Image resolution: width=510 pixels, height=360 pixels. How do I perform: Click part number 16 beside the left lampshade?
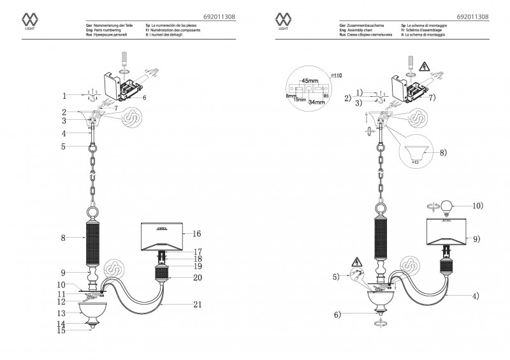[198, 234]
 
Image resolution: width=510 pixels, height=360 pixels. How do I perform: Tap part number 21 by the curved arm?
[198, 305]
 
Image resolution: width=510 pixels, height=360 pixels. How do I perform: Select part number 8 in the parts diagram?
[64, 238]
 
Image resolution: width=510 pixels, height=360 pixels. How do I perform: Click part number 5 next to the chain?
[64, 147]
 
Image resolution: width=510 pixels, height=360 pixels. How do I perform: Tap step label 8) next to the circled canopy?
[442, 153]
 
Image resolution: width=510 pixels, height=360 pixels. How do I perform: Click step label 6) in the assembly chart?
[337, 314]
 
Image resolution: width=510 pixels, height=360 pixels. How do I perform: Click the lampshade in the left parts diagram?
[163, 237]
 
